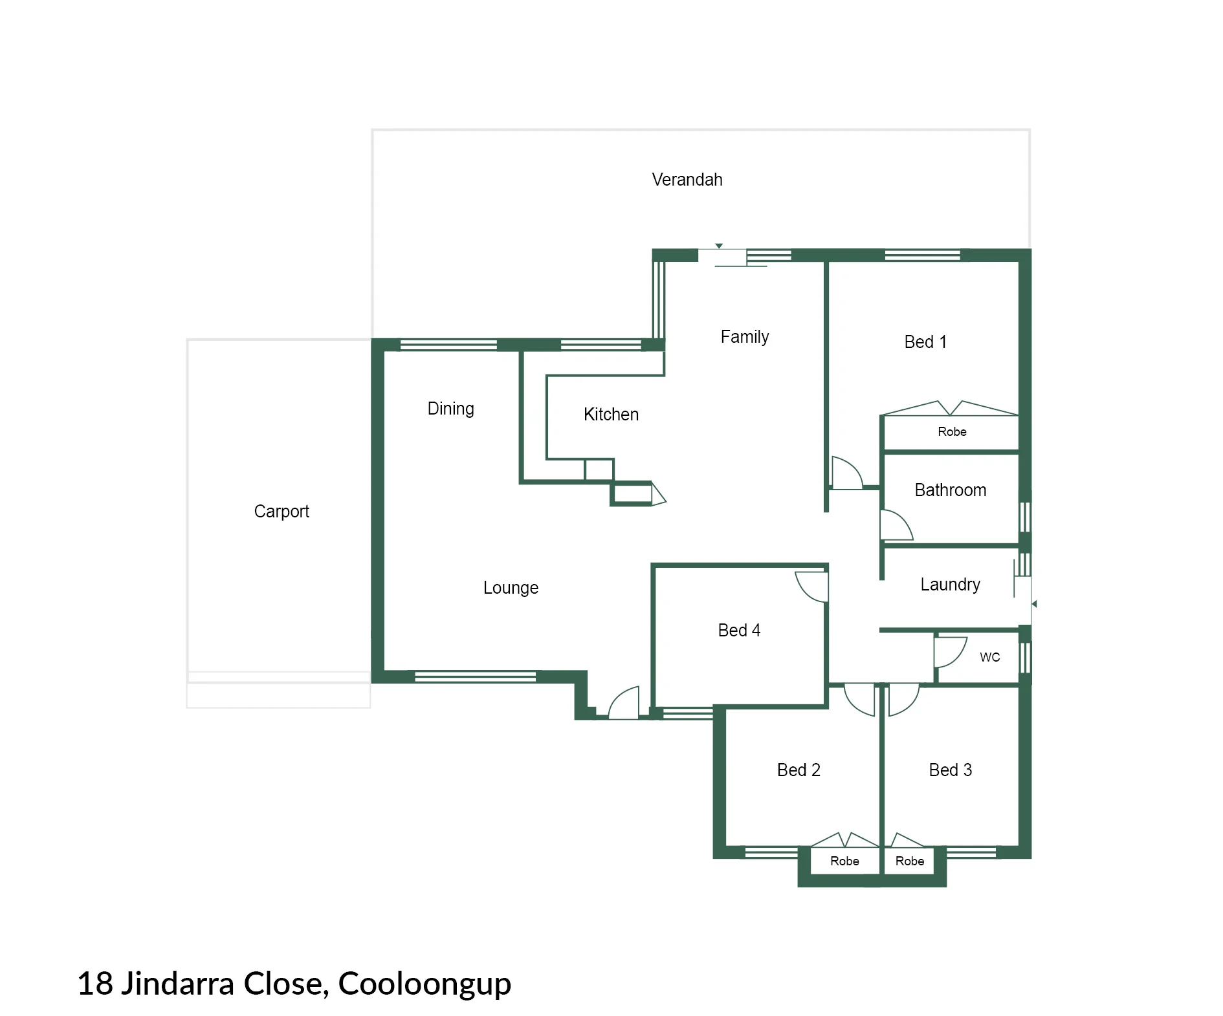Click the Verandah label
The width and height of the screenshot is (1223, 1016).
pyautogui.click(x=687, y=179)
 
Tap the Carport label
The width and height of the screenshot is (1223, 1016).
pyautogui.click(x=281, y=512)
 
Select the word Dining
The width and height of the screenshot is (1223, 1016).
pyautogui.click(x=451, y=409)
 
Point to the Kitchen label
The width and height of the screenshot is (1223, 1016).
pyautogui.click(x=611, y=414)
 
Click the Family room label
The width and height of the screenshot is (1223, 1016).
pyautogui.click(x=745, y=337)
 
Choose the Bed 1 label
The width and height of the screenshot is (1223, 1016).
pyautogui.click(x=925, y=341)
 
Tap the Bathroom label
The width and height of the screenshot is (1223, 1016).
pyautogui.click(x=951, y=490)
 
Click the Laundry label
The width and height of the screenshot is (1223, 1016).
pyautogui.click(x=950, y=585)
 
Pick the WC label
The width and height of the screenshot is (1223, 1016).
pyautogui.click(x=990, y=657)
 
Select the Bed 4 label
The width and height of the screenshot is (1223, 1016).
pyautogui.click(x=739, y=630)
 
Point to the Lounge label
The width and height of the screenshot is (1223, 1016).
pyautogui.click(x=511, y=588)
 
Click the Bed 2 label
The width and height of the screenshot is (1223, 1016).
pyautogui.click(x=799, y=770)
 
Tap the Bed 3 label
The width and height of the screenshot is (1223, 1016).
pyautogui.click(x=951, y=770)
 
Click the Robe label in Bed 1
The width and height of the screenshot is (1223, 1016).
pyautogui.click(x=952, y=431)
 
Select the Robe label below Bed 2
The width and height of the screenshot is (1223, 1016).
pyautogui.click(x=844, y=861)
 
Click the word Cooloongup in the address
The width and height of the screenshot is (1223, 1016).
pyautogui.click(x=424, y=984)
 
